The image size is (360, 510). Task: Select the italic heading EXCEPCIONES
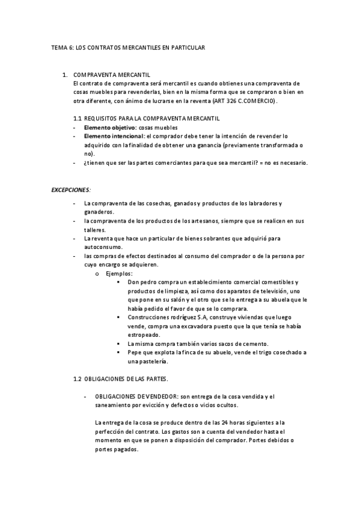tap(70, 189)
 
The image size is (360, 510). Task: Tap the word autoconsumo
tap(103, 247)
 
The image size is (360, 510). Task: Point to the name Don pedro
tap(141, 282)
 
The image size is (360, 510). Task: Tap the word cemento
tap(253, 343)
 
